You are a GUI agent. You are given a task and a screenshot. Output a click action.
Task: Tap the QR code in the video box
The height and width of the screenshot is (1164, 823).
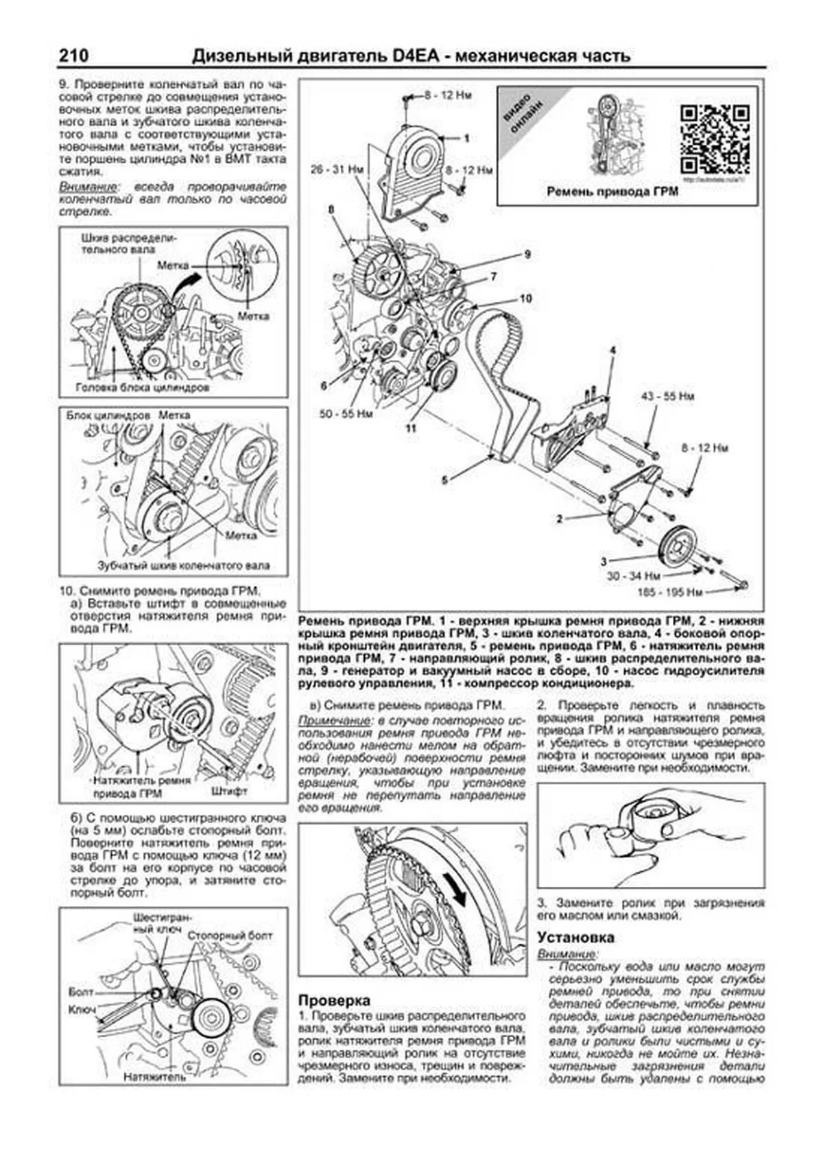point(714,139)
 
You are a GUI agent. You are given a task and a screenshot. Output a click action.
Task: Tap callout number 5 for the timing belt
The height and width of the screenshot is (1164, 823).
point(444,481)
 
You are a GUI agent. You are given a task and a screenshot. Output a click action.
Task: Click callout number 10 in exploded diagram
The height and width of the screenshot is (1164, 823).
point(525,298)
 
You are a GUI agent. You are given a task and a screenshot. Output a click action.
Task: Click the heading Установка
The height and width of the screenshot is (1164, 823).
point(575,937)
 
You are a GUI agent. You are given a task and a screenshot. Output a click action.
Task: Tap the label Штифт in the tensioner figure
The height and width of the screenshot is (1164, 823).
point(230,790)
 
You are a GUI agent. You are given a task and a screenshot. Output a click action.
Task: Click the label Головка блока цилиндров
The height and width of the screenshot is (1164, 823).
point(143,388)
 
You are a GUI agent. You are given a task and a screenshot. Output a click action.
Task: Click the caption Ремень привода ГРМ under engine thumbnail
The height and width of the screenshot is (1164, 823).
point(612,191)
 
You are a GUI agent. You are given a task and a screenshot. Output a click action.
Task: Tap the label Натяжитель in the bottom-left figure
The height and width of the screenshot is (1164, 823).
point(154,1078)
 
